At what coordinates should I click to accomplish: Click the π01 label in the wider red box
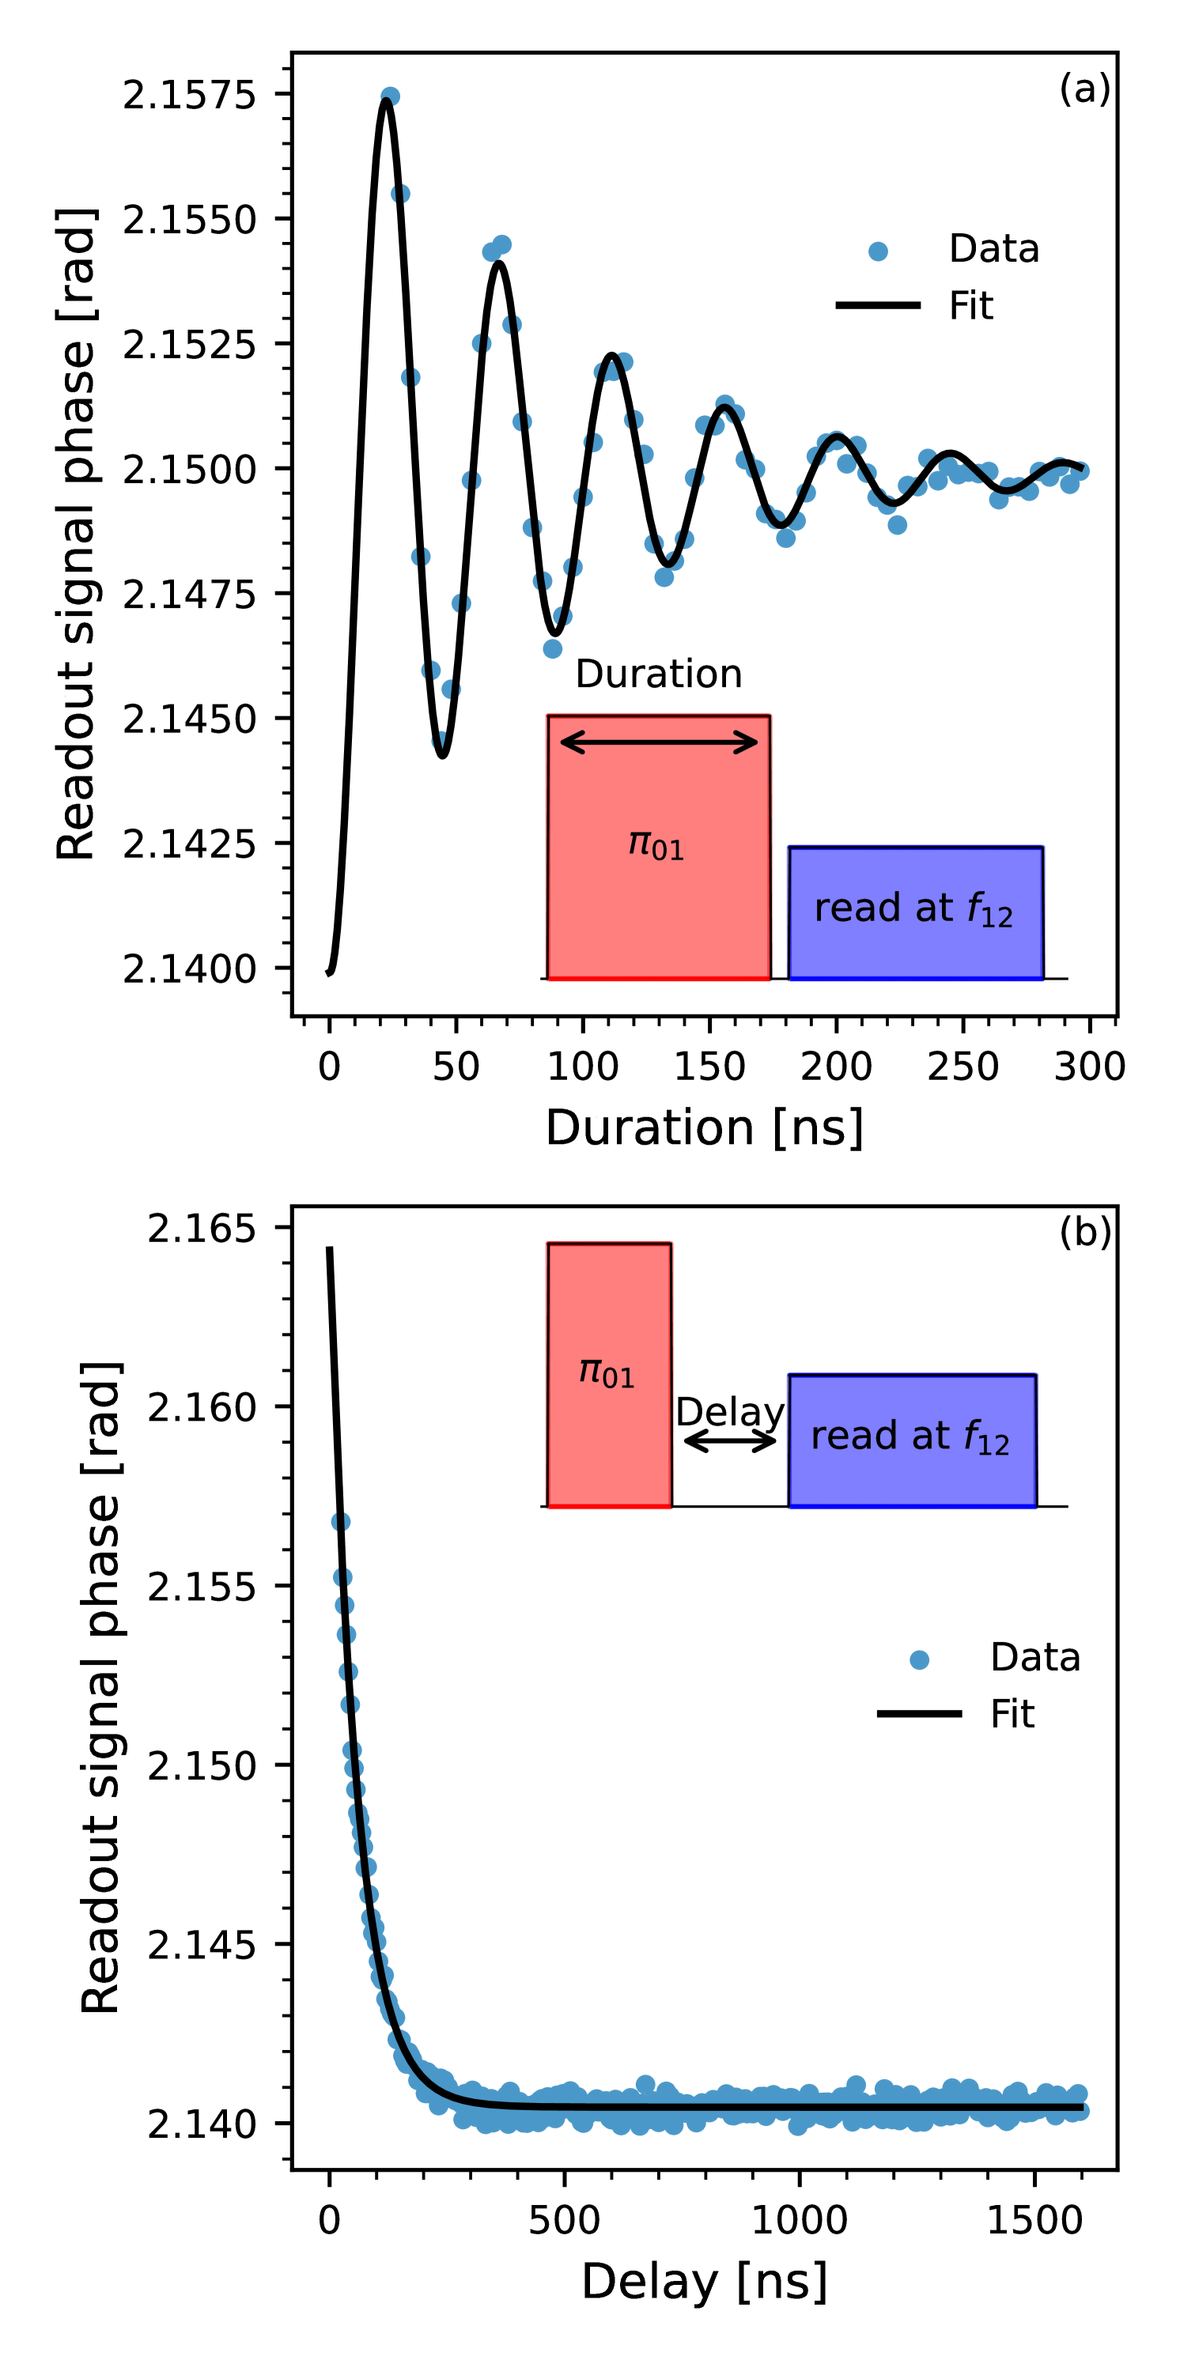pos(656,844)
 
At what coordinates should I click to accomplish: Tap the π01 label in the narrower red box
pos(607,1373)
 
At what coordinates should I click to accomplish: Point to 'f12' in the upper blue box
pos(989,911)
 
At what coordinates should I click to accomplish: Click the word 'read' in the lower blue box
pos(854,1436)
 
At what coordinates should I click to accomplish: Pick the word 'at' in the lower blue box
pos(930,1437)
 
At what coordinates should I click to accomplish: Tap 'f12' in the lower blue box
pos(985,1438)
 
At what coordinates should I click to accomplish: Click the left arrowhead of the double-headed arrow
pos(565,742)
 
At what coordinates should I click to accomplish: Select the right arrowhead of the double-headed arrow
pos(754,742)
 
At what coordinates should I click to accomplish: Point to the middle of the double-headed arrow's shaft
pos(659,742)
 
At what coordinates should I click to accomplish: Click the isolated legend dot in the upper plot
pos(878,251)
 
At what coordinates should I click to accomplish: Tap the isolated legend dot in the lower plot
pos(919,1660)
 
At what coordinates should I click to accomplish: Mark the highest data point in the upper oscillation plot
pos(390,96)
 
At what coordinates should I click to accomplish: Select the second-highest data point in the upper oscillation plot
pos(400,194)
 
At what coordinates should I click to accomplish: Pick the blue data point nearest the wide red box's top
pos(553,648)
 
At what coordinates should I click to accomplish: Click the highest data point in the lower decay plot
pos(341,1522)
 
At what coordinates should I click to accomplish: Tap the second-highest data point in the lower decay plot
pos(342,1577)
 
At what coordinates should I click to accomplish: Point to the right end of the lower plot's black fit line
pos(1083,2108)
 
